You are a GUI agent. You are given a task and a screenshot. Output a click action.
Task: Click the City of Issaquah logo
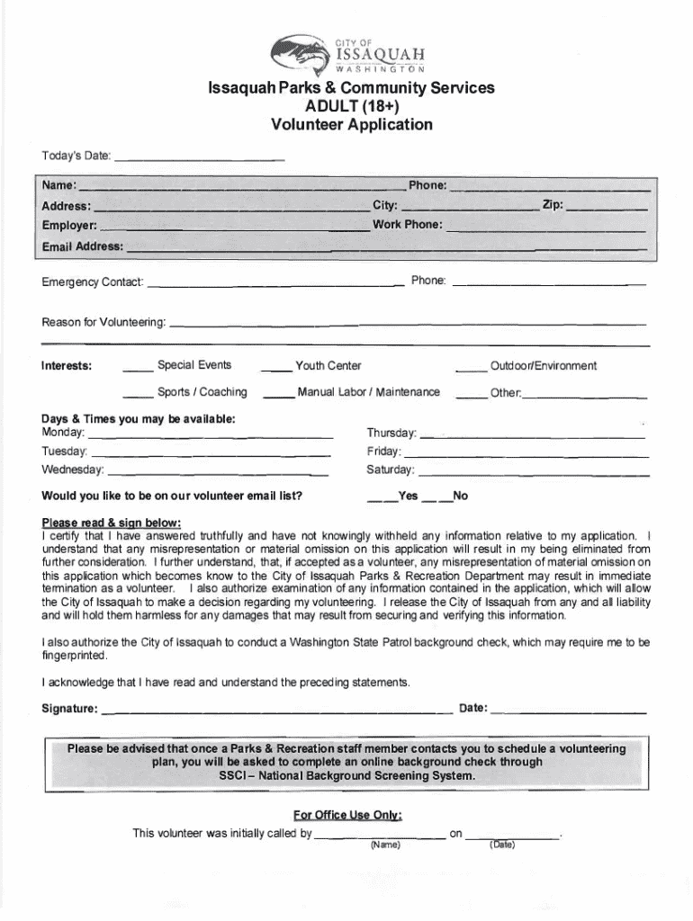(x=350, y=54)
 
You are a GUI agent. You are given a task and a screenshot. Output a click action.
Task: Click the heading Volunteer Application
(x=352, y=125)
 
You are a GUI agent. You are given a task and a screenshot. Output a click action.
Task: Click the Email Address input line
(x=386, y=247)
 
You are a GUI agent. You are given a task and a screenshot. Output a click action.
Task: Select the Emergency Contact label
(x=93, y=283)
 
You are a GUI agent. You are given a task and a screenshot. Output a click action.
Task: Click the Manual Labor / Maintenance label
(x=369, y=392)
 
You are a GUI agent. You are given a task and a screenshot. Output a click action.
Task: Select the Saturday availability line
(x=534, y=471)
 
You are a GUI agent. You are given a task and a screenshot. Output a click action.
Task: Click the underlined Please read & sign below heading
(x=112, y=523)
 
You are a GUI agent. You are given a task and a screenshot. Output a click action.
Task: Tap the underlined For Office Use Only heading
(x=347, y=815)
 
